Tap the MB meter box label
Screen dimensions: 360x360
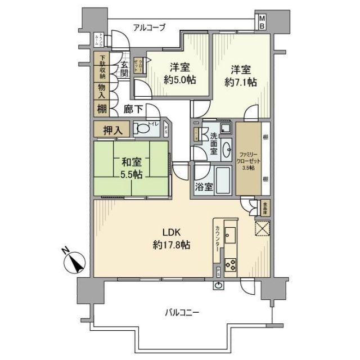(x=262, y=22)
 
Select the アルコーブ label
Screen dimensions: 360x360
(x=149, y=27)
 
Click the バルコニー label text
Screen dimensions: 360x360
(x=182, y=312)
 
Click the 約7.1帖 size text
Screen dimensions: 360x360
(x=242, y=82)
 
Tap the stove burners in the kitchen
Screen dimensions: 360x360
(x=231, y=263)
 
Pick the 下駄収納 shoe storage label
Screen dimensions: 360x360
(x=102, y=67)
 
